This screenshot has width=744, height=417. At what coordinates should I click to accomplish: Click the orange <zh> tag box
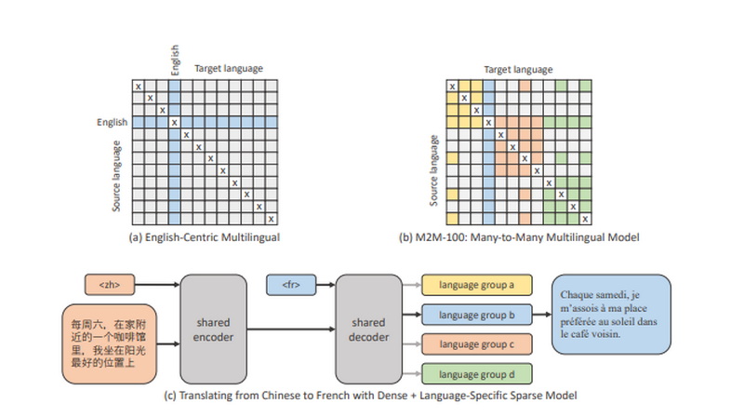click(110, 285)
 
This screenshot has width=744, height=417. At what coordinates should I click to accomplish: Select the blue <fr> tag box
click(291, 285)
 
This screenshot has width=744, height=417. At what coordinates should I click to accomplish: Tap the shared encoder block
click(213, 330)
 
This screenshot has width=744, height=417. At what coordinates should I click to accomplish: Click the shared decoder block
click(368, 330)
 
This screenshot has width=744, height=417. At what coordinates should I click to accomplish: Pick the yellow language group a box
click(476, 285)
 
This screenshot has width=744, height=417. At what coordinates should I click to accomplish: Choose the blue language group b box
click(476, 315)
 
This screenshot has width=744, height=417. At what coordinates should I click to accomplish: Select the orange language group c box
click(476, 344)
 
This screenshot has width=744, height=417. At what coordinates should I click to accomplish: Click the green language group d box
click(476, 374)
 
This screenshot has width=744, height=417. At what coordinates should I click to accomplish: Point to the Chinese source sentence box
click(109, 343)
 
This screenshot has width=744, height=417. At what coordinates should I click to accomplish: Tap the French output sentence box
click(611, 314)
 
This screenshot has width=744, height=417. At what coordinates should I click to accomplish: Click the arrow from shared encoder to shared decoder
click(291, 330)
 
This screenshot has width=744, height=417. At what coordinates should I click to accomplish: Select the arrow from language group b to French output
click(541, 315)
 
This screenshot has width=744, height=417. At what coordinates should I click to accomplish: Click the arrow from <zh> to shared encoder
click(157, 285)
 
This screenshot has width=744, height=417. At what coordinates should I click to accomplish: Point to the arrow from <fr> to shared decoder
click(325, 285)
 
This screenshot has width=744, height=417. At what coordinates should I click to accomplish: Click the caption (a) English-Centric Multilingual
click(204, 237)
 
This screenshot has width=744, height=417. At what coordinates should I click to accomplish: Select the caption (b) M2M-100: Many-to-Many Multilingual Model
click(519, 237)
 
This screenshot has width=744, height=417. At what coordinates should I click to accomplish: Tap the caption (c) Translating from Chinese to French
click(370, 396)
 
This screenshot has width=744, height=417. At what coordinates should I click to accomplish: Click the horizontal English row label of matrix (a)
click(112, 122)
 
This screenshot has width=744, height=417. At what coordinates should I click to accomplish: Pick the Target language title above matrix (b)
click(518, 69)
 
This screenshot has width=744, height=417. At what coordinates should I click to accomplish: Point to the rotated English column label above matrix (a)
click(175, 60)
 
